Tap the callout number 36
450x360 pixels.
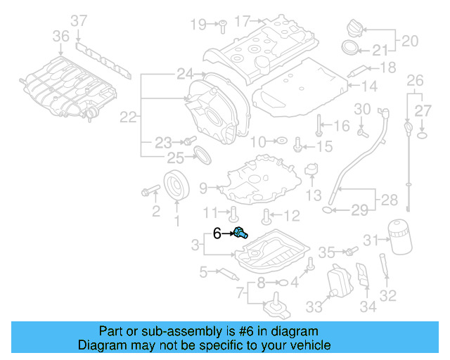coord(61,36)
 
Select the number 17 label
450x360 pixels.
coord(242,22)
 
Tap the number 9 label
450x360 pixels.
coord(203,188)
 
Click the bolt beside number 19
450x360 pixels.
coord(219,25)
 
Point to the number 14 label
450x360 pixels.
coord(370,86)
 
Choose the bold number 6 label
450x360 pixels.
coord(217,233)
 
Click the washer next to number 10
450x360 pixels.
coord(280,141)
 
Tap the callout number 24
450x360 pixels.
coord(185,72)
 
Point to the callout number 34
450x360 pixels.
coord(368,307)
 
